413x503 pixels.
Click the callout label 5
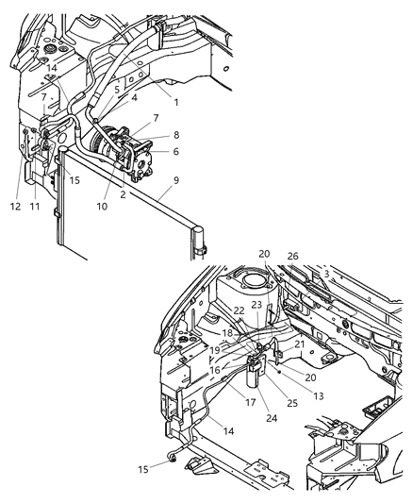point(117,90)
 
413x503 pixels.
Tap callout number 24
point(246,419)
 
